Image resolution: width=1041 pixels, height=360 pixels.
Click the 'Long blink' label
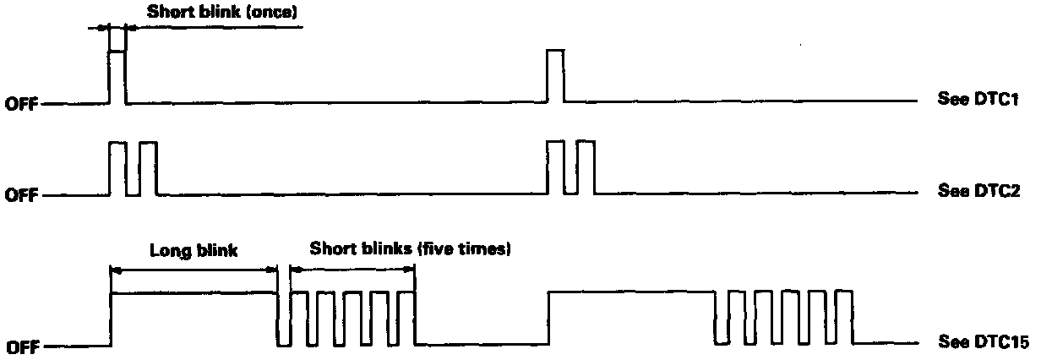click(x=193, y=250)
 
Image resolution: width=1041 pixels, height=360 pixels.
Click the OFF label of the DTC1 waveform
click(x=22, y=105)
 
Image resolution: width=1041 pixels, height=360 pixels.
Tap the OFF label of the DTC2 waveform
click(x=22, y=196)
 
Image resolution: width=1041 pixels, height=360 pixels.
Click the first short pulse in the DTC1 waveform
click(x=117, y=76)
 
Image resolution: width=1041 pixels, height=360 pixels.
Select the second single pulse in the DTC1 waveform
click(x=555, y=76)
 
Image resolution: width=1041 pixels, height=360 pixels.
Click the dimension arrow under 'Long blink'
click(x=193, y=270)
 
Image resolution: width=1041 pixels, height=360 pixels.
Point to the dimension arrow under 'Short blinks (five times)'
click(x=352, y=270)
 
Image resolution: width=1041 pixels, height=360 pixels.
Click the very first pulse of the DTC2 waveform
click(x=117, y=169)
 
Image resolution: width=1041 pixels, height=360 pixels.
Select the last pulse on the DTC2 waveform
click(x=586, y=169)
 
